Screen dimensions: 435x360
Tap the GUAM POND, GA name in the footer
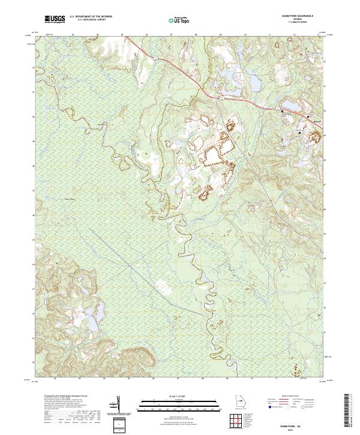[304, 421]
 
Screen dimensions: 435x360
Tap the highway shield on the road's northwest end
[154, 58]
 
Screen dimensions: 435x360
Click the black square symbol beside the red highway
[283, 111]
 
